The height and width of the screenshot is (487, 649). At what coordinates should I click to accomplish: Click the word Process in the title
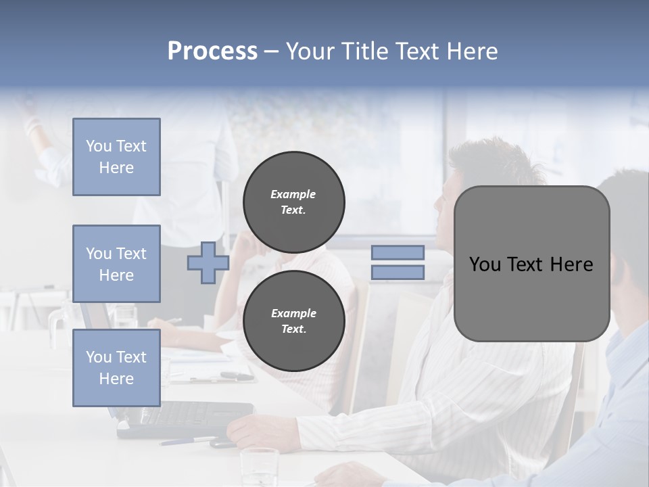212,51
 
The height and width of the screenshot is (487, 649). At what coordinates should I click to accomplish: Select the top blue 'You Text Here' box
116,157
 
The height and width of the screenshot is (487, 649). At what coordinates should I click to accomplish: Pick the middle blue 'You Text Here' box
116,264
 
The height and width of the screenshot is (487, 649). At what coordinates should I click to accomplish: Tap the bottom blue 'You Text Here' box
116,368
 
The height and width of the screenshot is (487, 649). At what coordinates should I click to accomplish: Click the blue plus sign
208,262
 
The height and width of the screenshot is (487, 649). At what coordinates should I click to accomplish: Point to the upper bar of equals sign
398,253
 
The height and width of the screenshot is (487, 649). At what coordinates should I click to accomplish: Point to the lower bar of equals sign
398,273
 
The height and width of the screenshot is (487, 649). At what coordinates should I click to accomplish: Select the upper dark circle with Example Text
293,202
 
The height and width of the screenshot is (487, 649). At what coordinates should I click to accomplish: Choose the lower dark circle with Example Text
293,321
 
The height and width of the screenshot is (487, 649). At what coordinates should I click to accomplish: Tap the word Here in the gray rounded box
571,264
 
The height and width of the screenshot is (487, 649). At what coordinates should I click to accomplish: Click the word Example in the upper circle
293,194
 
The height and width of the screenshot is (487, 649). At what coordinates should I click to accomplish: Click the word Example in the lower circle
293,313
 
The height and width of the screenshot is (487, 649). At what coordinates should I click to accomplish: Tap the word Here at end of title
473,51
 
